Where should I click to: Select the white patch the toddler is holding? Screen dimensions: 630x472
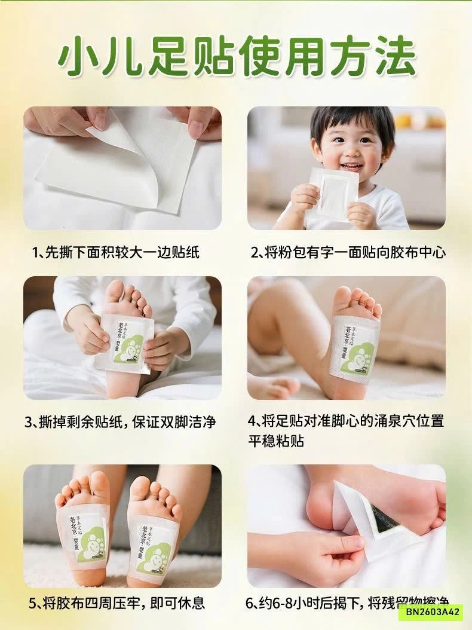coord(335,192)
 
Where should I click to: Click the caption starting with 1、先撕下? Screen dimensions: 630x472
coord(115,252)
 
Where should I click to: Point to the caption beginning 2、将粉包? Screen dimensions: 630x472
coord(348,252)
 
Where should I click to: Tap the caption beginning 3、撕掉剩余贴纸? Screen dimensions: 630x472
coord(119,422)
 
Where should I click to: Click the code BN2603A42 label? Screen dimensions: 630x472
coord(430,611)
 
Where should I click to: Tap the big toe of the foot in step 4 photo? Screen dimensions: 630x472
coord(342,295)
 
